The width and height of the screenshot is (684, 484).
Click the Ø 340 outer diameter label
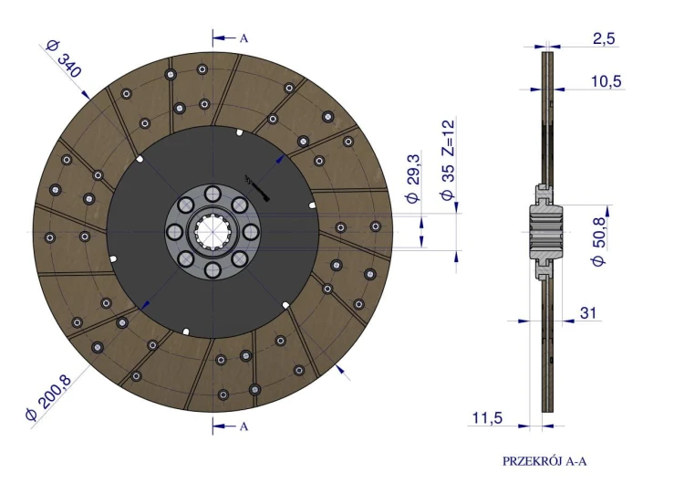(64, 59)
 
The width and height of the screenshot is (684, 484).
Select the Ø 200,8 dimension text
(48, 397)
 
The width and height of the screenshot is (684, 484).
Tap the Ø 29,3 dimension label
(413, 178)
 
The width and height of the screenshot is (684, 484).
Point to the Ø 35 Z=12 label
(448, 160)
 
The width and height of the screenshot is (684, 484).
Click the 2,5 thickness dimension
(604, 38)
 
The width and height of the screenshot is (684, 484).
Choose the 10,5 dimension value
(606, 81)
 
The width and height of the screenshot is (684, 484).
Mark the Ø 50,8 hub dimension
(599, 242)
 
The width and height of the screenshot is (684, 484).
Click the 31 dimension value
(588, 312)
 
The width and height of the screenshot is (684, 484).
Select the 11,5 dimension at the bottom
(487, 418)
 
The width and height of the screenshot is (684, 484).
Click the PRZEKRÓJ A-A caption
(544, 461)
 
